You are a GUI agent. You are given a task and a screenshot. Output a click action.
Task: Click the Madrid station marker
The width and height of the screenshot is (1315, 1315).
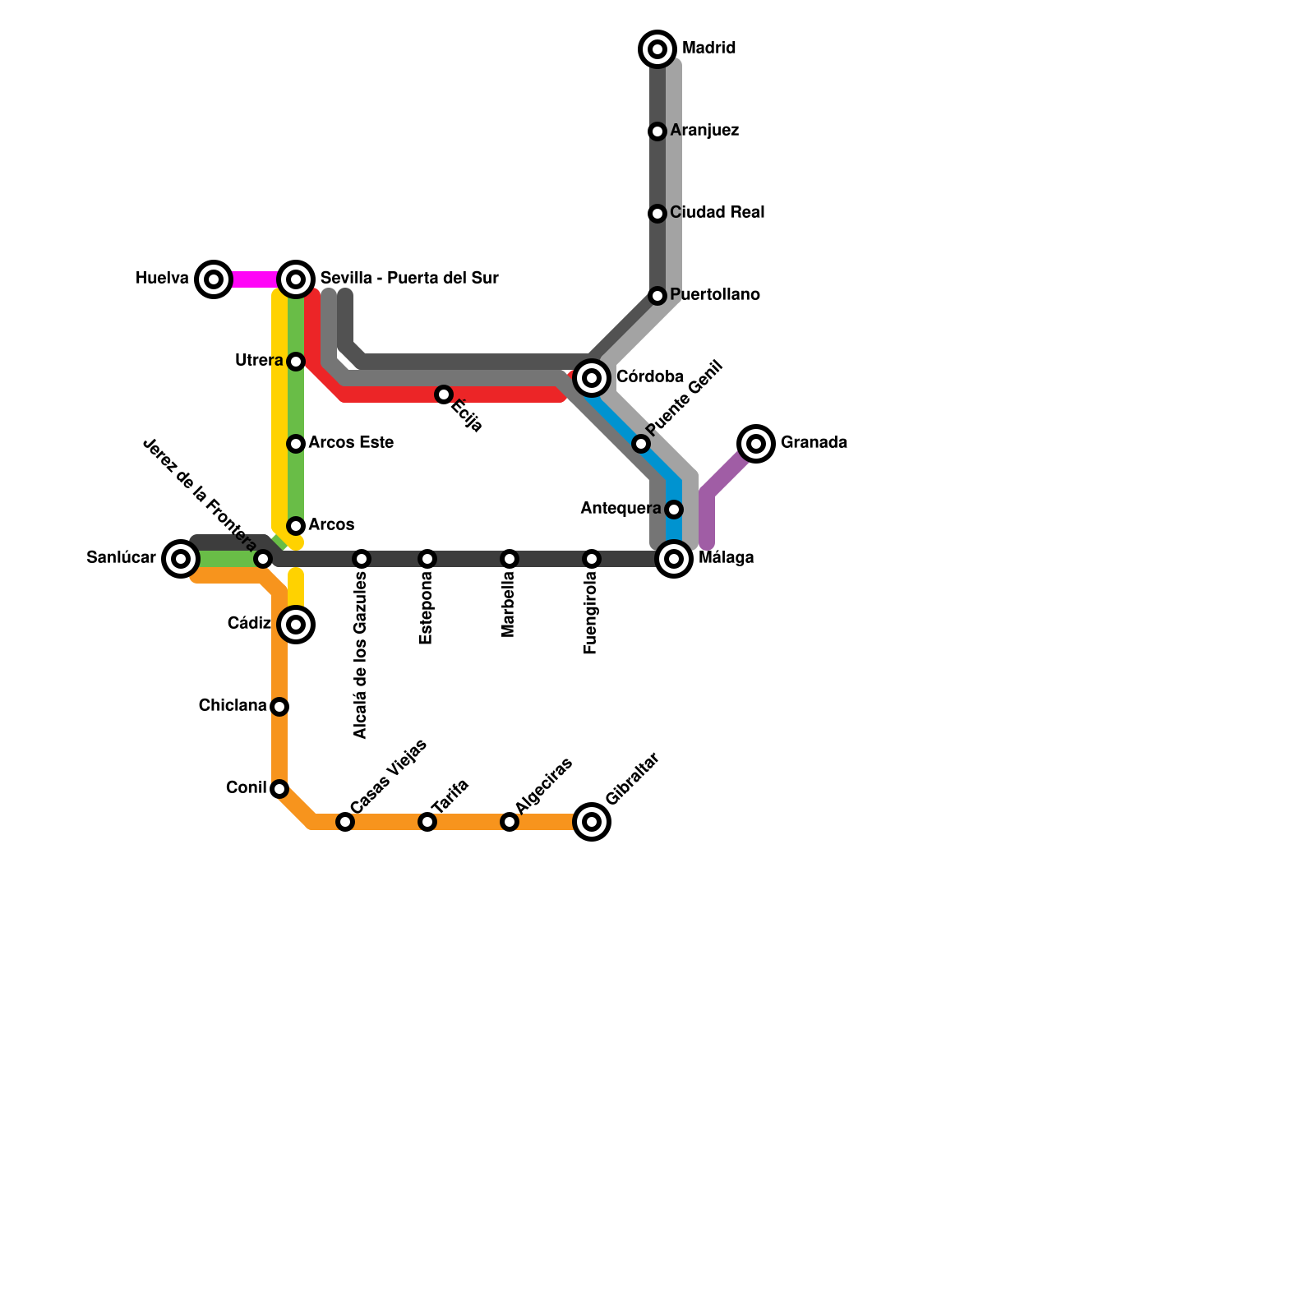click(657, 49)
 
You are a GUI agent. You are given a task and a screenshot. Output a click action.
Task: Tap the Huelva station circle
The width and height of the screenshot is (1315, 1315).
click(214, 279)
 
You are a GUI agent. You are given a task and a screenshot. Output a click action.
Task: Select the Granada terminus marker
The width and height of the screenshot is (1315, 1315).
click(756, 444)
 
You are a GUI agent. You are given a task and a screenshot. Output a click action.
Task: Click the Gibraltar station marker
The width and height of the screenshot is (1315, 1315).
click(592, 822)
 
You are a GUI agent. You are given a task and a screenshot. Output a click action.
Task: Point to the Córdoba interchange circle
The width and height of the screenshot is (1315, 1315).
click(592, 378)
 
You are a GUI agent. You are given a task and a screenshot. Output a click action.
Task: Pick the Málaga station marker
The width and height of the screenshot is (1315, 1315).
click(674, 559)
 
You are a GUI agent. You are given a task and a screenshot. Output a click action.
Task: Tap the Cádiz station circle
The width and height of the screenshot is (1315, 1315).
click(296, 625)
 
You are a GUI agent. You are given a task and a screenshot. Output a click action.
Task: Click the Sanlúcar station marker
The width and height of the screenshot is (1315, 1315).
click(181, 559)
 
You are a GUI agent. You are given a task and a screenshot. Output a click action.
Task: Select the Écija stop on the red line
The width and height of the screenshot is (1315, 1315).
click(444, 394)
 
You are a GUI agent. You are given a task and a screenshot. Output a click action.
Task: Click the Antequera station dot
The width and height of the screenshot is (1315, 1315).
click(674, 510)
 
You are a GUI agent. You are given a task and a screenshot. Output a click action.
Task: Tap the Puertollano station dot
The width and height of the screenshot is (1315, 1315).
click(657, 296)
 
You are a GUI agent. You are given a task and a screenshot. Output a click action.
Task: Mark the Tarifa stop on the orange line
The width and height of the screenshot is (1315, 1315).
click(427, 822)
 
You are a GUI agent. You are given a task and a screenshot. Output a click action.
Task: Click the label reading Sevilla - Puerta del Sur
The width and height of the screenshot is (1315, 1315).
click(409, 278)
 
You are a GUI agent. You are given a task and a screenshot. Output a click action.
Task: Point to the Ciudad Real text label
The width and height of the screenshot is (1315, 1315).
click(717, 213)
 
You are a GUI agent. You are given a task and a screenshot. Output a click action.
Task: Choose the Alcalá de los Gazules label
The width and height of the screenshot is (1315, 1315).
click(361, 656)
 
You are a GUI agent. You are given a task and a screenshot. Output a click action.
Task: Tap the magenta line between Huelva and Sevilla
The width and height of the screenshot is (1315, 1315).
click(255, 279)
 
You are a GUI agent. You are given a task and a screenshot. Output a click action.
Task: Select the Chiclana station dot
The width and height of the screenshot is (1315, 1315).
click(279, 707)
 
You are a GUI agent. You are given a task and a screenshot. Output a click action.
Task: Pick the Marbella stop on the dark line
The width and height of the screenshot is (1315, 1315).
click(510, 559)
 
